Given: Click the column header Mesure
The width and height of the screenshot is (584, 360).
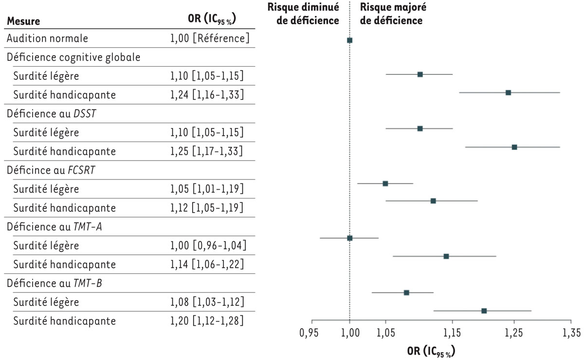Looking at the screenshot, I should [23, 21].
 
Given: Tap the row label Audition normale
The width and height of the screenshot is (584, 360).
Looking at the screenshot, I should [47, 38].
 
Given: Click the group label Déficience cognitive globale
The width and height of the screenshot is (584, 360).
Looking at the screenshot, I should [73, 57].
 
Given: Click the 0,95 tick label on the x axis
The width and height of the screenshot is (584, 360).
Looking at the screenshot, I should [311, 333].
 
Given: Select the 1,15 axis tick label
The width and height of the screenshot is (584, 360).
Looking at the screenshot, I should [453, 333].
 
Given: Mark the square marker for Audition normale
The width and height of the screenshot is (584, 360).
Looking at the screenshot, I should [349, 40].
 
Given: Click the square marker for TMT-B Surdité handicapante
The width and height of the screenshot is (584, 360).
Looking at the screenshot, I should [484, 311].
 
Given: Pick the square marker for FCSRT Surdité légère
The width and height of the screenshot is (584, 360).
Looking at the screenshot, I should [385, 183].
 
